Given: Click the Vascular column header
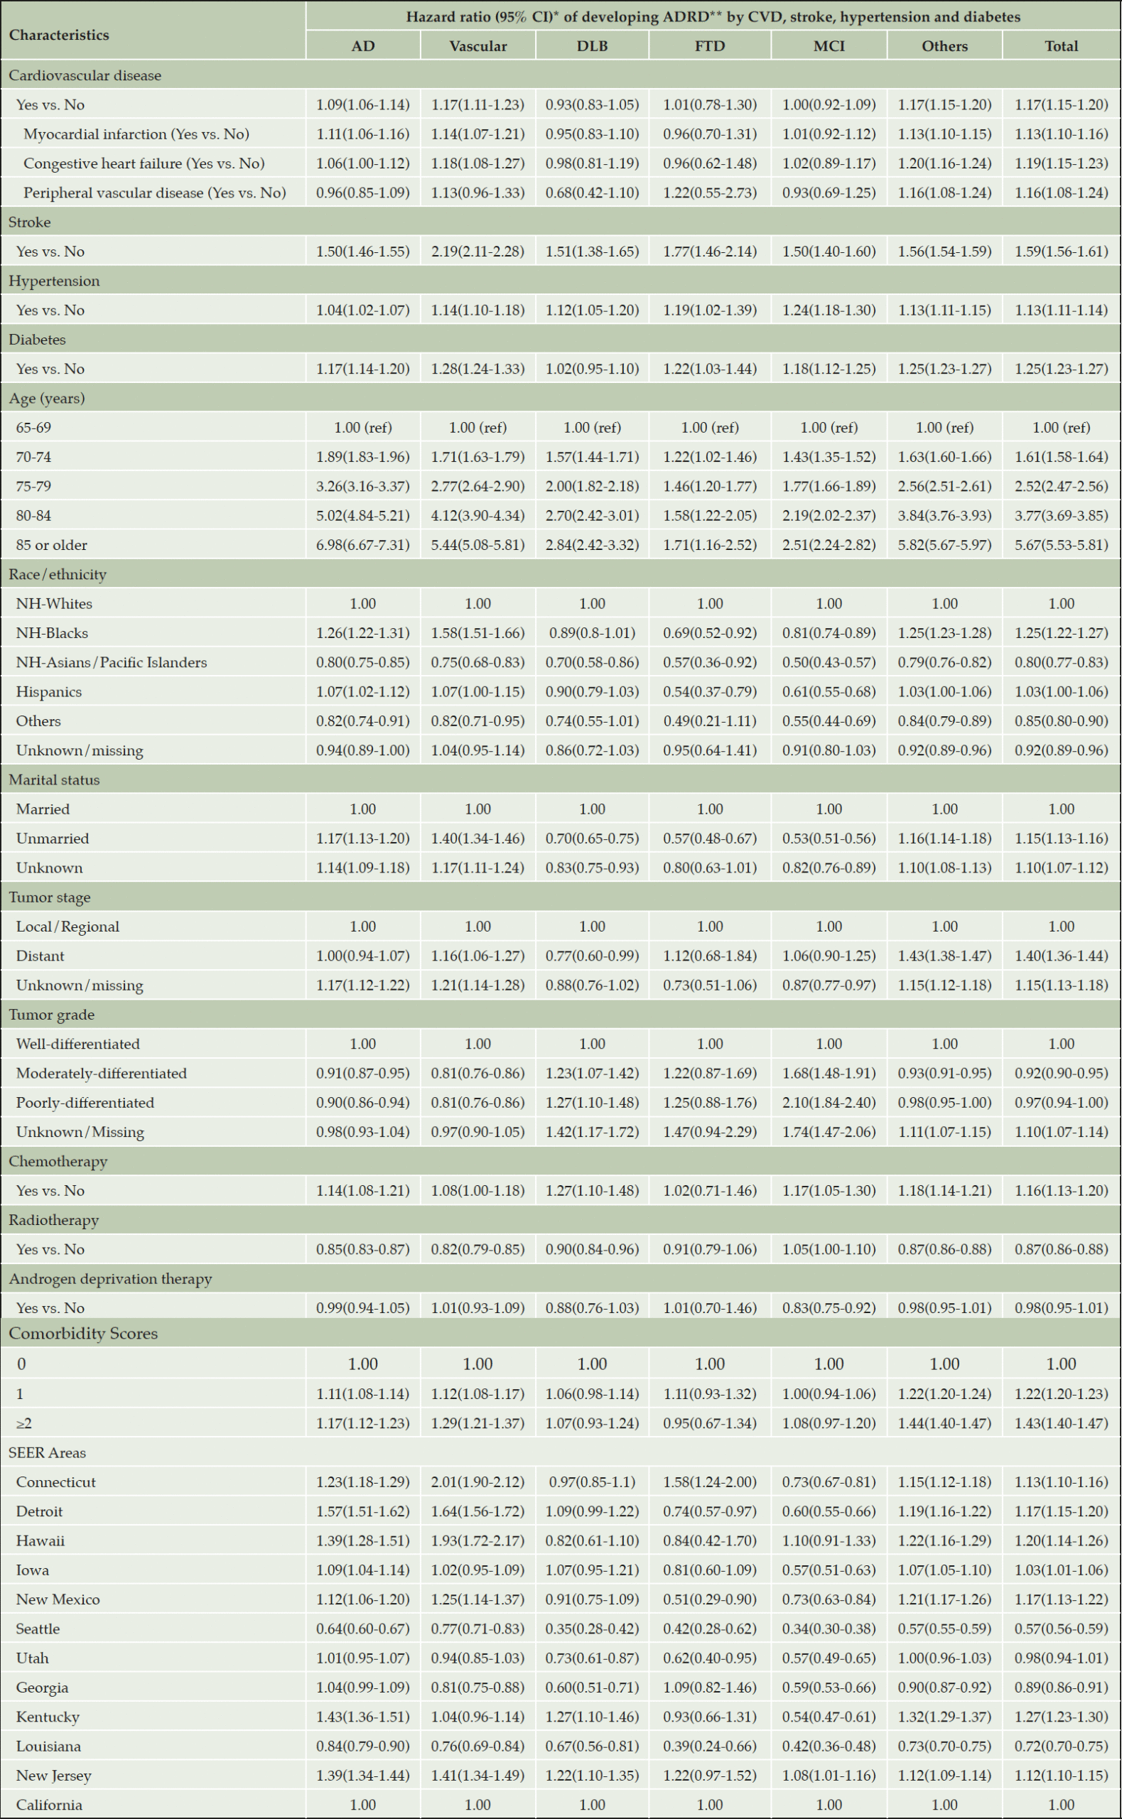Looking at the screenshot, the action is click(478, 46).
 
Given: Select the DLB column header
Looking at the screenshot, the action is click(592, 46).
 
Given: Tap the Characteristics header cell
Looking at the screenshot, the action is click(60, 35).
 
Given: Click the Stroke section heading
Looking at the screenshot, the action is click(30, 222).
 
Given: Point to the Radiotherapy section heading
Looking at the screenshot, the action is click(53, 1220).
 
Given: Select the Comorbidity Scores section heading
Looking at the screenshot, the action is click(83, 1334).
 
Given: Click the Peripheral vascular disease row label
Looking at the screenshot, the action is click(154, 193).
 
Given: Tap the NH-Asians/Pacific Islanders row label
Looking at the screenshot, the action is click(112, 662).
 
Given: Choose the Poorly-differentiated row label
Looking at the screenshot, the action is click(85, 1103).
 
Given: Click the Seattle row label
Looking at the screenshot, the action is click(38, 1629).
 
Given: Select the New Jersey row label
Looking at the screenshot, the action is click(53, 1776).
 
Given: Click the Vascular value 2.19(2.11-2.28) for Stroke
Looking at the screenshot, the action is click(478, 252).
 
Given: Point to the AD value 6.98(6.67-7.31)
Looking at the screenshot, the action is click(363, 545).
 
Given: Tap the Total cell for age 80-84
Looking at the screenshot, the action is click(1061, 516).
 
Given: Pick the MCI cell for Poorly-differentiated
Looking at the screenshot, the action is click(829, 1103).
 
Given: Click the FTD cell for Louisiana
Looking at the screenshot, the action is click(710, 1747).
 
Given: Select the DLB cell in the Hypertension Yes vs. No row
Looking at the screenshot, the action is click(592, 310).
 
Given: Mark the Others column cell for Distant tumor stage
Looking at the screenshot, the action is click(944, 956).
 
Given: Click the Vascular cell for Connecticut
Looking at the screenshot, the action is click(478, 1482).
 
